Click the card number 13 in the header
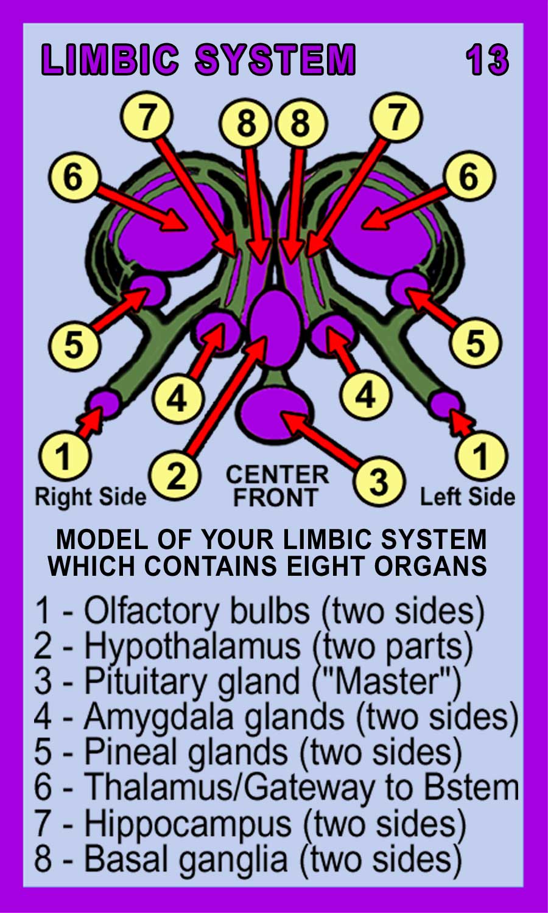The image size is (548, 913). [x=487, y=60]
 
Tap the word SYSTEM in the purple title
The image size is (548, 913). [x=275, y=60]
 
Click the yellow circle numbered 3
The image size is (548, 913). [x=379, y=481]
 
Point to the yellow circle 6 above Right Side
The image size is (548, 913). [x=73, y=177]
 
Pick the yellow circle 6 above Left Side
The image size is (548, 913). [x=469, y=177]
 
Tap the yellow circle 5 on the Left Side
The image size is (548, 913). [x=475, y=342]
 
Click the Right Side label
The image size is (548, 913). [x=91, y=497]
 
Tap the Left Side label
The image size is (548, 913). [x=467, y=497]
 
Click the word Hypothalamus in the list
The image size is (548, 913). [x=192, y=647]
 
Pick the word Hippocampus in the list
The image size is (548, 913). [x=188, y=824]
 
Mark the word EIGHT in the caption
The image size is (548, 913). [x=326, y=566]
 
